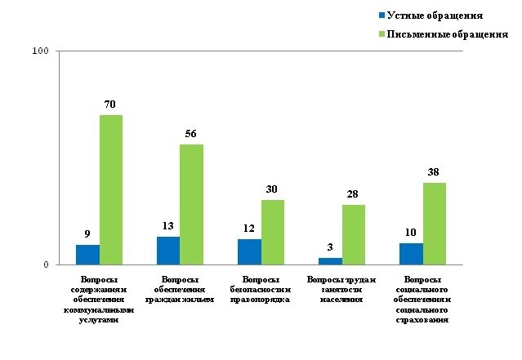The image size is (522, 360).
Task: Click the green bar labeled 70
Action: [111, 189]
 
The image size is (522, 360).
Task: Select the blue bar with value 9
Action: [87, 255]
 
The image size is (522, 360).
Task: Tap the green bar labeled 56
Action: [191, 204]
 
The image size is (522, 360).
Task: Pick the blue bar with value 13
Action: [168, 251]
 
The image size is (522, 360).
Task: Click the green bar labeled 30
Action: [272, 232]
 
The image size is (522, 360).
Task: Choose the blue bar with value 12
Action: [249, 251]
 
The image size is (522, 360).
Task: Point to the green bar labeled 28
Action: [353, 234]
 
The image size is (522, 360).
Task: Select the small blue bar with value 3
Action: [330, 261]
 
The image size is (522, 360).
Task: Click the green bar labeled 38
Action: [434, 224]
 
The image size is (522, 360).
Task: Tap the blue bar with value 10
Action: [411, 254]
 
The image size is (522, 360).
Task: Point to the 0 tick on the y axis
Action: [46, 264]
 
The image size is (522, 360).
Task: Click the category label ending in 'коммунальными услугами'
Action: [99, 300]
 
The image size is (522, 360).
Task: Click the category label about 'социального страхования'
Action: [422, 300]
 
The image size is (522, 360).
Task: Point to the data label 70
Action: [111, 104]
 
